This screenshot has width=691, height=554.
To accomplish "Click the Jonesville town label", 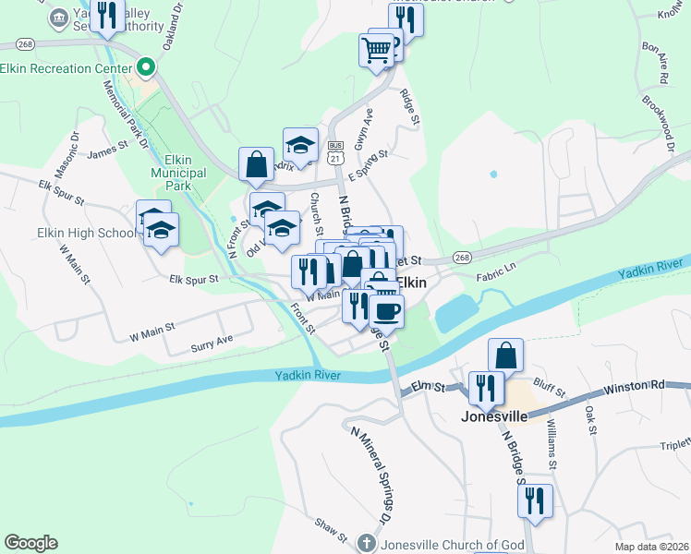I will pos(493,416).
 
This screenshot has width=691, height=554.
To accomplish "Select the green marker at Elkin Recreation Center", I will pos(145,68).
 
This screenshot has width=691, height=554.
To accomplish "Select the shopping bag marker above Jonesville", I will pos(505,355).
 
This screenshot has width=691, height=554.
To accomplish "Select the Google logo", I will pos(30,543).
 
